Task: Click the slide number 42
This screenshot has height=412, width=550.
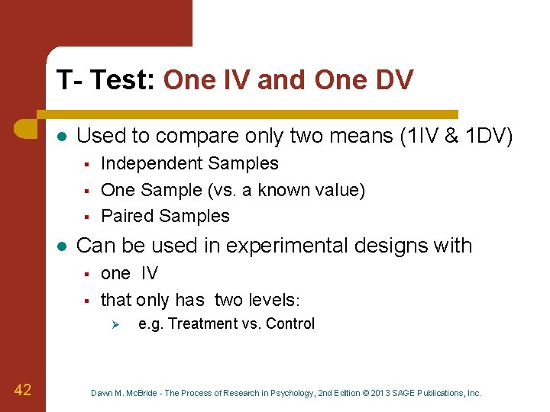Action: point(23,390)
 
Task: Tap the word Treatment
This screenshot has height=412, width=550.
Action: point(203,323)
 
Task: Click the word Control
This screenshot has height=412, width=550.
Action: point(290,323)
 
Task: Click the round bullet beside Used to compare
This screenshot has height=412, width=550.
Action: point(61,137)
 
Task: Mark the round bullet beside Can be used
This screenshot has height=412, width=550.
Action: point(61,246)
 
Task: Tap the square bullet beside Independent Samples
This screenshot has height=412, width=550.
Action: point(87,164)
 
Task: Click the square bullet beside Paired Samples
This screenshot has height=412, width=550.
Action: point(87,217)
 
